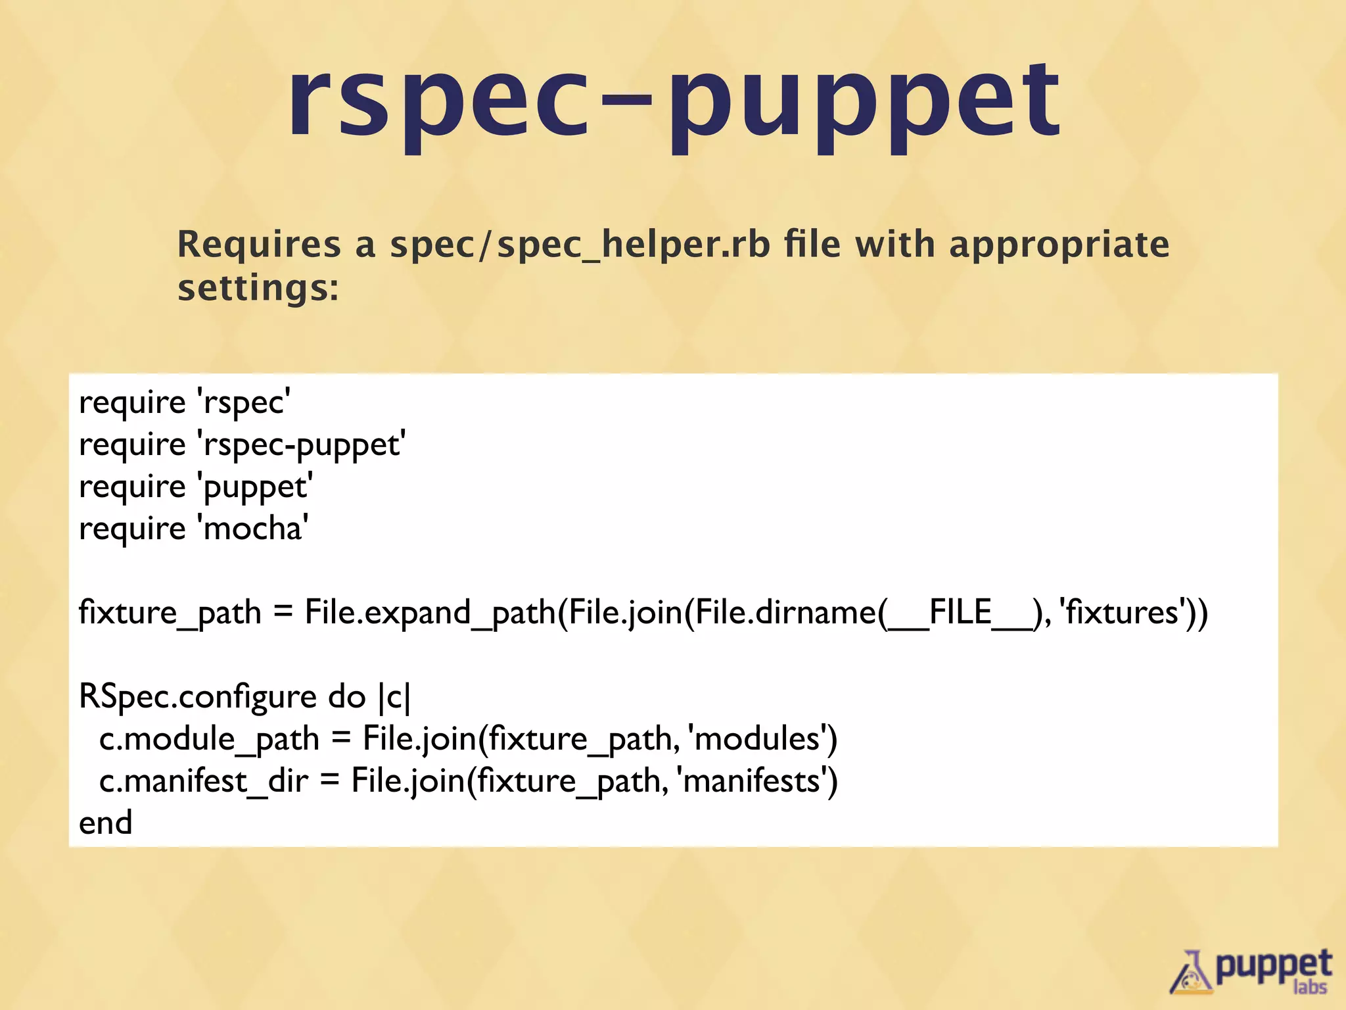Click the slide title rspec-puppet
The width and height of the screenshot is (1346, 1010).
tap(673, 105)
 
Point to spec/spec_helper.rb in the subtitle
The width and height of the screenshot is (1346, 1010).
tap(580, 245)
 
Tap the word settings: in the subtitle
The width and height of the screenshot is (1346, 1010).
tap(258, 288)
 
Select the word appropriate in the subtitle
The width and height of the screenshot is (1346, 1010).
tap(1059, 245)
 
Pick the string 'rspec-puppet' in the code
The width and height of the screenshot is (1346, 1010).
tap(301, 445)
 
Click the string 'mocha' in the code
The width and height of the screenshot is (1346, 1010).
tap(253, 529)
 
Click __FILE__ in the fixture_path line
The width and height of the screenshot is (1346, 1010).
tap(960, 613)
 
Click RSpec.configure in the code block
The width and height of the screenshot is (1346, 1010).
tap(197, 697)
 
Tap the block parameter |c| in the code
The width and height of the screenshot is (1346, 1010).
tap(394, 697)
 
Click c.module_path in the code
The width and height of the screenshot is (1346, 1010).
tap(209, 739)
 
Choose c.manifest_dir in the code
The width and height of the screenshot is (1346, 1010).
tap(204, 781)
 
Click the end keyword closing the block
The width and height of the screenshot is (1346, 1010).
tap(105, 823)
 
